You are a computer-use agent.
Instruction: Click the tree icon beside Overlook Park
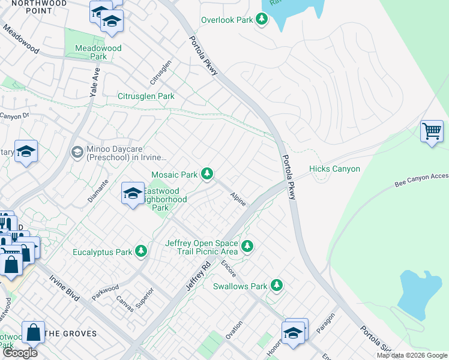coord(261,20)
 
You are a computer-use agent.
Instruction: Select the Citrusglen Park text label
coord(146,96)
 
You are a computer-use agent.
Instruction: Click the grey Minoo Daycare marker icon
coord(77,152)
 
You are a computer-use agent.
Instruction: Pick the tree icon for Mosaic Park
coord(207,174)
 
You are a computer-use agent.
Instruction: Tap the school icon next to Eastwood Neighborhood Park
coord(133,193)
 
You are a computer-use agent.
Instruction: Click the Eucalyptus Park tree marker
coord(141,251)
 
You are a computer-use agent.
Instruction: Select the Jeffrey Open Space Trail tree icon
coord(246,246)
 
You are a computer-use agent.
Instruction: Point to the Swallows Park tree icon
coord(277,285)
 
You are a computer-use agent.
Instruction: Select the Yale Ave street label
coord(94,82)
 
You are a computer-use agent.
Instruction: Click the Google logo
coord(20,353)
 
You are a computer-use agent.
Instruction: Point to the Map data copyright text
coord(411,355)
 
